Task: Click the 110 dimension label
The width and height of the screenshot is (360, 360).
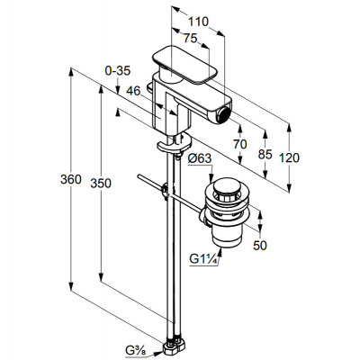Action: coord(198,22)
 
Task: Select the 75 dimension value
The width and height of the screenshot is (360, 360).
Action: coord(190,38)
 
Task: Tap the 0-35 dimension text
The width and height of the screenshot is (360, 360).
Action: coord(118,71)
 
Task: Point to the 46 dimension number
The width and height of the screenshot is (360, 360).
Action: coord(133,91)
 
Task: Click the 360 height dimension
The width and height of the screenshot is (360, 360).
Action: coord(71,179)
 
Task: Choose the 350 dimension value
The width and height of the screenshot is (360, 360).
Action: coord(101,184)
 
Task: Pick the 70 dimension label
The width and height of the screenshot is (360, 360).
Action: coord(239,144)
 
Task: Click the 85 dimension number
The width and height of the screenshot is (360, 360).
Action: coord(265,154)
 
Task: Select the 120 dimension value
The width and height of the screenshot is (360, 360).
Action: coord(289,157)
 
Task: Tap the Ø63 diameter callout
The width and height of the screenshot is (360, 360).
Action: coord(200,158)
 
